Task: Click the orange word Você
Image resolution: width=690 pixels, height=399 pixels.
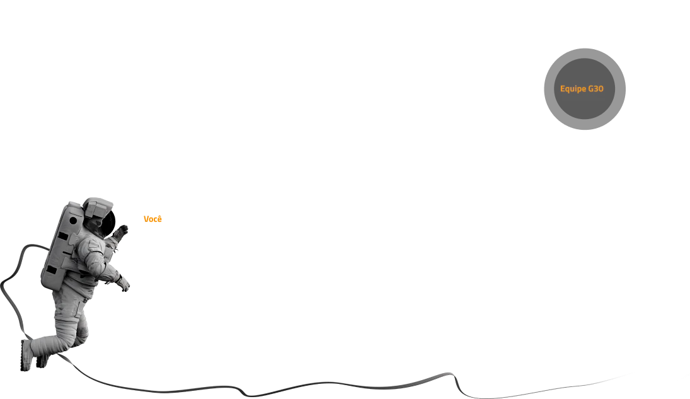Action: click(x=152, y=219)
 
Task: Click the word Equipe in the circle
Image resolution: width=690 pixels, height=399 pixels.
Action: click(x=573, y=89)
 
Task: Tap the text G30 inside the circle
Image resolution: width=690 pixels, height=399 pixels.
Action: click(x=596, y=88)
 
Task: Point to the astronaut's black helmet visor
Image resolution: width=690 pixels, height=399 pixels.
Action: click(x=108, y=222)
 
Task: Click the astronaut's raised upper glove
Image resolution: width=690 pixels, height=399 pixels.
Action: click(x=121, y=232)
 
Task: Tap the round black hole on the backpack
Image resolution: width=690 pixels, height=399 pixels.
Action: click(x=73, y=220)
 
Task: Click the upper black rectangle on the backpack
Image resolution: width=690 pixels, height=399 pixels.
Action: click(x=62, y=236)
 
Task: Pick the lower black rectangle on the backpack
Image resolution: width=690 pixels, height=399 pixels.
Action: click(x=52, y=270)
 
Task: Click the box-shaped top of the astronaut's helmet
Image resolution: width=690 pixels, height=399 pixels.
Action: click(x=98, y=206)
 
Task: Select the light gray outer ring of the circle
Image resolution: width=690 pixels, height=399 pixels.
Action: click(x=585, y=54)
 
